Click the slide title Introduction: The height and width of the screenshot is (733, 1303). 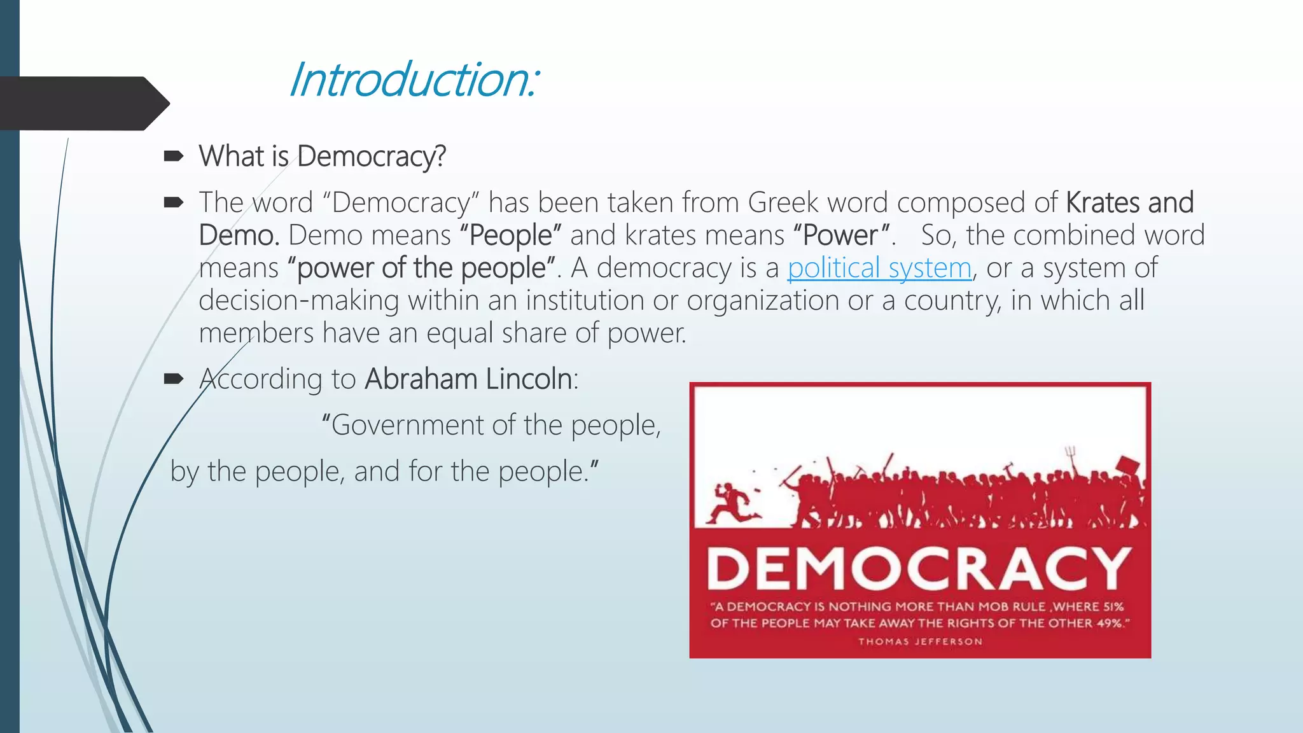click(414, 80)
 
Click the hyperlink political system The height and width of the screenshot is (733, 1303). click(879, 268)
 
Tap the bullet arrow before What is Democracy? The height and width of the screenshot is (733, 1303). click(173, 156)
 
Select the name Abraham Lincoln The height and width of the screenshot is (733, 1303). click(468, 379)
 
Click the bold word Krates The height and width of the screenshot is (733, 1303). click(1103, 202)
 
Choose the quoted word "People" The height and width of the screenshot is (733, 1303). click(510, 235)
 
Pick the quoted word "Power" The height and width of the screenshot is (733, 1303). click(840, 235)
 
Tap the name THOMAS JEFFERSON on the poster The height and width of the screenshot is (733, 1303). click(920, 641)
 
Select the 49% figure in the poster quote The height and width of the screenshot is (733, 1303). click(1110, 623)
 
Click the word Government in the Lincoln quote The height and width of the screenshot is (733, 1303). click(407, 425)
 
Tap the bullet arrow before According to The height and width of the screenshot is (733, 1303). click(173, 379)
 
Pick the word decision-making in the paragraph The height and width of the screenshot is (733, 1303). click(298, 300)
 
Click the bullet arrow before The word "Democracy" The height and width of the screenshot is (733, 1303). click(173, 203)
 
